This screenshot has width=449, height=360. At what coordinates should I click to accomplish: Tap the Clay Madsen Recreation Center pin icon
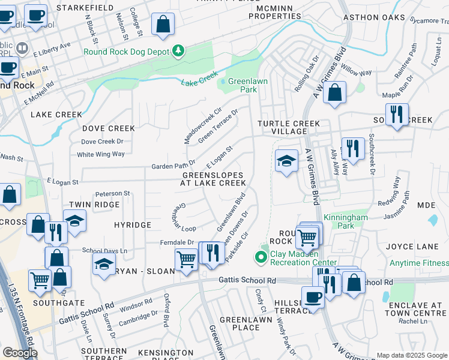click(x=261, y=257)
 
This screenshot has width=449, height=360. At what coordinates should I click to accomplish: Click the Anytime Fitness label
click(x=418, y=263)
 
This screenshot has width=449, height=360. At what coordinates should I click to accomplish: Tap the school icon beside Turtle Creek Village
click(x=287, y=161)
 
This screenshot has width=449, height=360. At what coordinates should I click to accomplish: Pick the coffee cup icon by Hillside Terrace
click(x=312, y=297)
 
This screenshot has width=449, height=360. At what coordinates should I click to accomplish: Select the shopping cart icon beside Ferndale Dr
click(x=186, y=260)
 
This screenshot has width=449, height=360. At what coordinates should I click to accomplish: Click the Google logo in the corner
click(x=19, y=353)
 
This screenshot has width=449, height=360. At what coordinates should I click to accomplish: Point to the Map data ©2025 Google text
click(x=411, y=355)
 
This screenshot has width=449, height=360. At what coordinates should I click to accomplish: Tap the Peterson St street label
click(x=113, y=193)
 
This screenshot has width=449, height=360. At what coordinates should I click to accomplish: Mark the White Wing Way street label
click(x=101, y=154)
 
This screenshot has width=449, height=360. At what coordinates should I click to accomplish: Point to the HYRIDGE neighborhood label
click(x=132, y=224)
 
